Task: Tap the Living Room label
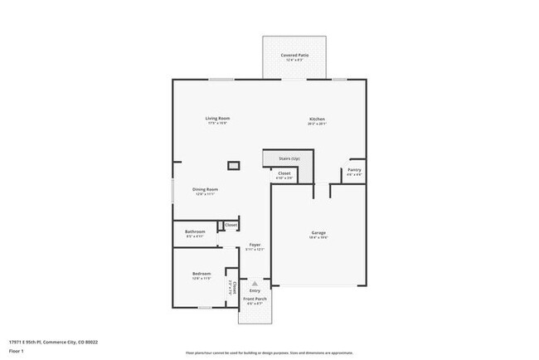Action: [216, 119]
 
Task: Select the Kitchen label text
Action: [317, 119]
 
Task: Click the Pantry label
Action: [354, 169]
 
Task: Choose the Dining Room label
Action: [206, 189]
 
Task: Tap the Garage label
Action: [318, 231]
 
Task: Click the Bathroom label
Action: [195, 231]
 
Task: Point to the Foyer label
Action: [255, 245]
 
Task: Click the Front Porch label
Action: [255, 298]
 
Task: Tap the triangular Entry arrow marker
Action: [255, 283]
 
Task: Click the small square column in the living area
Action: [234, 166]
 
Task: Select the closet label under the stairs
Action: [284, 173]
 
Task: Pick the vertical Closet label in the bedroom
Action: [235, 288]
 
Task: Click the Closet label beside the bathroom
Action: [231, 225]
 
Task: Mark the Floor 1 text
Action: [16, 349]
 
